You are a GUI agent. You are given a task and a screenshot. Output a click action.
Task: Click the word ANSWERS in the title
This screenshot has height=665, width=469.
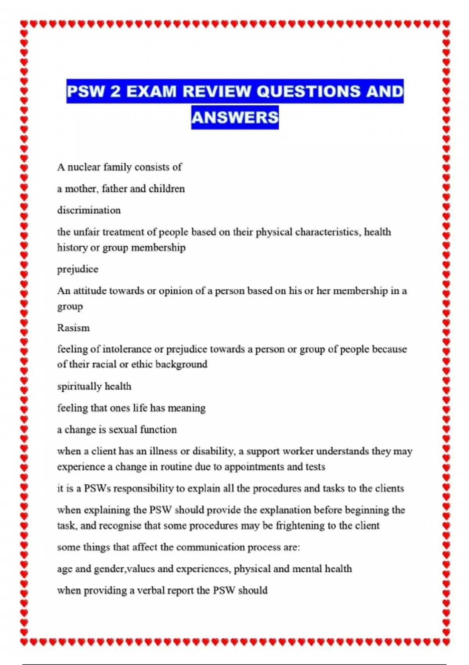coord(235,117)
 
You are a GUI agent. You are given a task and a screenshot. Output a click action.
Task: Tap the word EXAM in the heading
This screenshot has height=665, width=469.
coord(151,92)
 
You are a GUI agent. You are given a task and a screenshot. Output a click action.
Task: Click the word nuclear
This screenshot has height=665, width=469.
coord(84,167)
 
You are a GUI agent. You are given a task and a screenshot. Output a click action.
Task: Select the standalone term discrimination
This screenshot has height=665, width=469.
coord(89,210)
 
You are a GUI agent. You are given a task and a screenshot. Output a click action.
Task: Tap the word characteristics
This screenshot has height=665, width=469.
coord(328,232)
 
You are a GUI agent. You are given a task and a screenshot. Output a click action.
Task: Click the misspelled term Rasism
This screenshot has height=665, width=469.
coord(73,328)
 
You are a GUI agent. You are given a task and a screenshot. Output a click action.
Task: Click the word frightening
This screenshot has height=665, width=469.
coord(300,525)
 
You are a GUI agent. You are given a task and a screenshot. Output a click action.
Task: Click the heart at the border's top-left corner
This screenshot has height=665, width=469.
coord(24,24)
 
